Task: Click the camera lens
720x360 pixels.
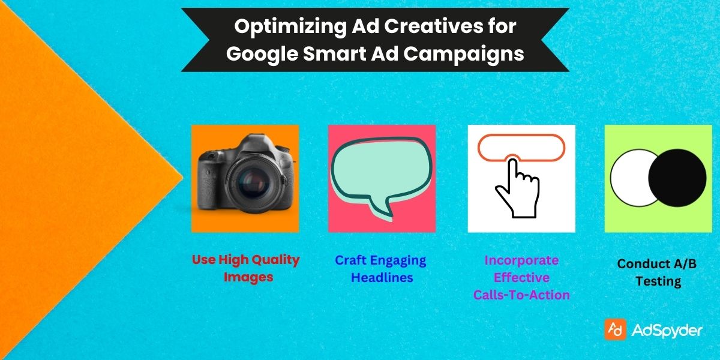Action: point(247,183)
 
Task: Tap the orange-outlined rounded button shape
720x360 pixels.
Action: point(521,146)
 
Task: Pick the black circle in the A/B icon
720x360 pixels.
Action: point(677,178)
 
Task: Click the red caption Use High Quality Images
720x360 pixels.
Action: point(245,268)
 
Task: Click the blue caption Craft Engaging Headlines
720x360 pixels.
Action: point(380,269)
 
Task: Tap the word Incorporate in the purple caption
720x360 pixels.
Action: point(521,260)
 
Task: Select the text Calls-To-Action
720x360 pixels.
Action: point(521,295)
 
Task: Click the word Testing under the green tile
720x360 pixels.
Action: point(658,281)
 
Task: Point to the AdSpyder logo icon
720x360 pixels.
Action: point(616,329)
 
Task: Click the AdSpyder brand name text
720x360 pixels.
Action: point(667,330)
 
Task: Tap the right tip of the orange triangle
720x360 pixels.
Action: point(181,178)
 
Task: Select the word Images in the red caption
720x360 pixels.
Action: point(248,277)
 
